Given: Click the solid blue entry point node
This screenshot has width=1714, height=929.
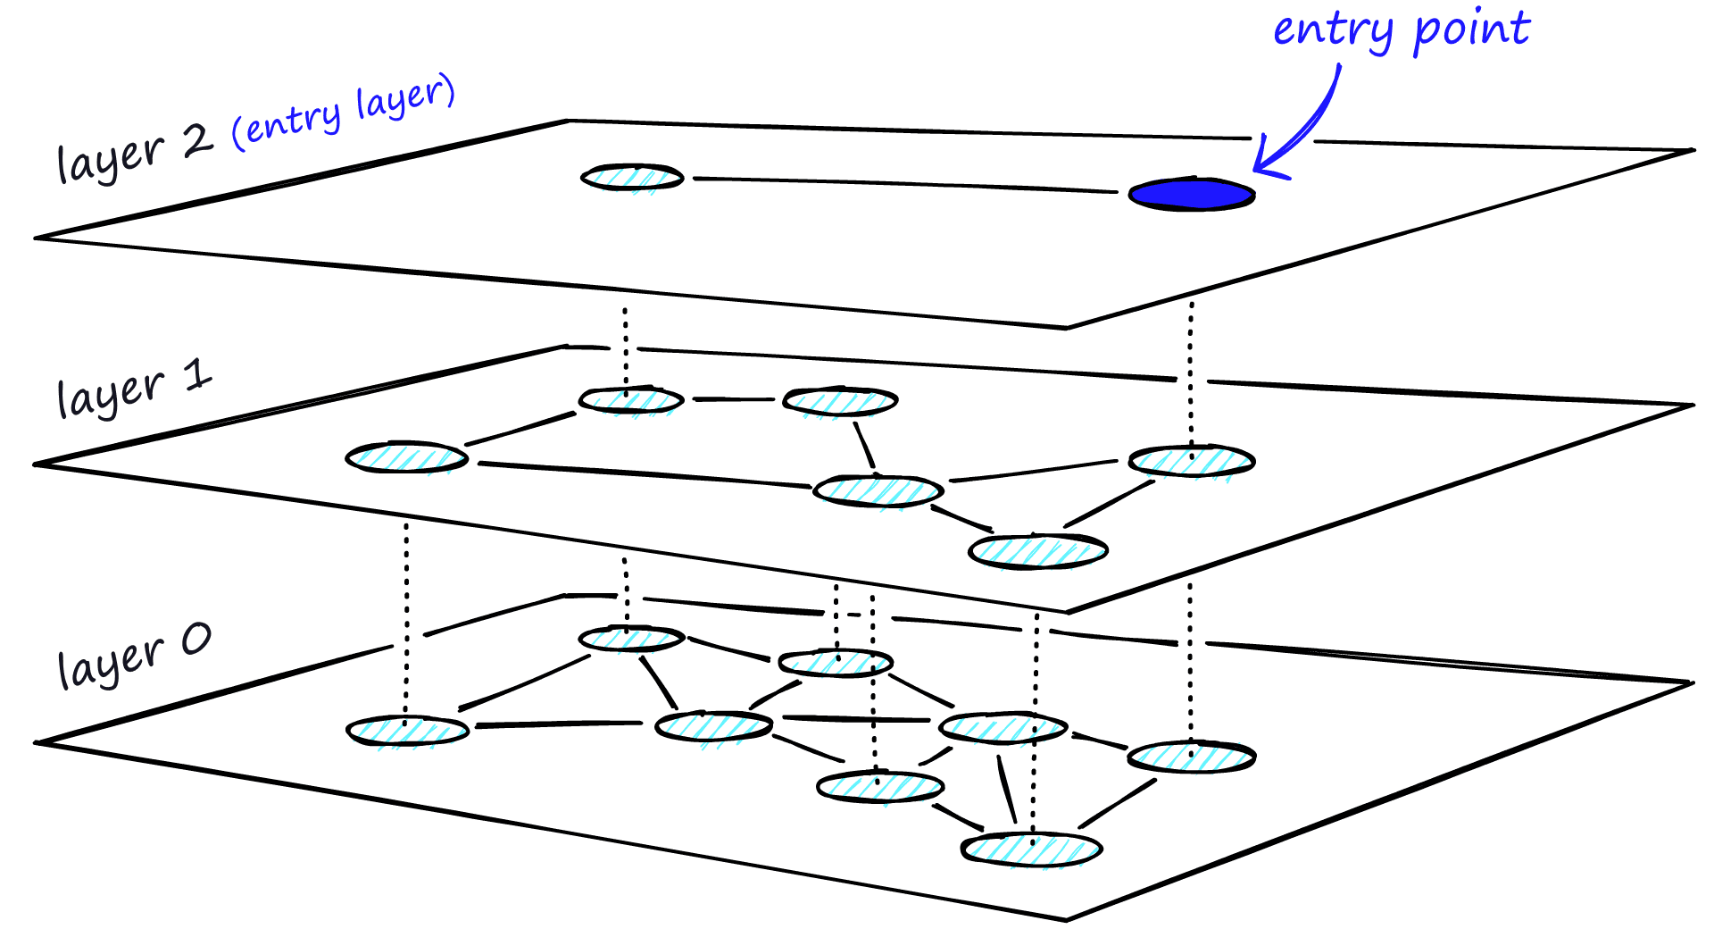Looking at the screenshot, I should click(x=1191, y=194).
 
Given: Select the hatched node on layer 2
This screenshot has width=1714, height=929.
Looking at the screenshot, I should click(x=632, y=178).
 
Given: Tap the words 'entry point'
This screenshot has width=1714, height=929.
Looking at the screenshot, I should click(x=1401, y=30).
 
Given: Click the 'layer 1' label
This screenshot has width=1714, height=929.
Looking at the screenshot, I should click(x=134, y=388).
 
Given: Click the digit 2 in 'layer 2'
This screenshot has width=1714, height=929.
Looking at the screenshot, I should click(x=197, y=141).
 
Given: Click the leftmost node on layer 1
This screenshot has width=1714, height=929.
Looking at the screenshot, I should click(x=407, y=458).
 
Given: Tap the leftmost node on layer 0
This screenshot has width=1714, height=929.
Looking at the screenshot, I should click(x=408, y=731).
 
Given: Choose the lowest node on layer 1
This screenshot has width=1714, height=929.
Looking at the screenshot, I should click(x=1038, y=550).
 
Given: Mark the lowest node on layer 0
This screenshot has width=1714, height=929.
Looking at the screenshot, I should click(x=1031, y=849).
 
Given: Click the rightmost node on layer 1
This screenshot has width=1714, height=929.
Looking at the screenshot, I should click(x=1192, y=461).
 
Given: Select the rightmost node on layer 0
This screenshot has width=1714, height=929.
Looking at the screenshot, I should click(x=1192, y=757).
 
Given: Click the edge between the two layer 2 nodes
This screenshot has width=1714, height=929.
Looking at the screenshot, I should click(x=902, y=184).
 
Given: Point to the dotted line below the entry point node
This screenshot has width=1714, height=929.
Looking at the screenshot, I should click(x=1191, y=375).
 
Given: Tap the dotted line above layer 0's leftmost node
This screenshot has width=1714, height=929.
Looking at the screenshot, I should click(x=406, y=616).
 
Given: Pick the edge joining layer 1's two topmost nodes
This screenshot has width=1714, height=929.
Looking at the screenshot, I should click(x=733, y=399).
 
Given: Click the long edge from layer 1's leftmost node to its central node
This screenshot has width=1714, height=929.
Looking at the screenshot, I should click(x=643, y=474).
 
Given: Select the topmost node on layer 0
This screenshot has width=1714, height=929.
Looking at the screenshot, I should click(x=631, y=639).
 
